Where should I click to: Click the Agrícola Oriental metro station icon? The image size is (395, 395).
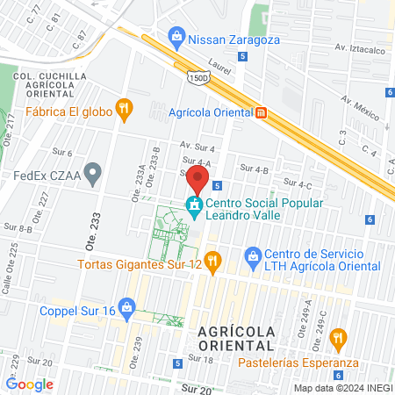(x=261, y=111)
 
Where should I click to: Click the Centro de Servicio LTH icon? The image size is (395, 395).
(x=254, y=259)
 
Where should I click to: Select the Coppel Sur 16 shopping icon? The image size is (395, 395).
(x=127, y=307)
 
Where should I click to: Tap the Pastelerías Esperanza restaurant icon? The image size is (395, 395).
(x=336, y=338)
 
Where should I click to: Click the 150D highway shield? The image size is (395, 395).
(x=197, y=78)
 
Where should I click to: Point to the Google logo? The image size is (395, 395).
(x=29, y=384)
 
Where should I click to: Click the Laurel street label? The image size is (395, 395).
(x=219, y=63)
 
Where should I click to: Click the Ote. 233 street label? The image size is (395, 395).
(x=95, y=236)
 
